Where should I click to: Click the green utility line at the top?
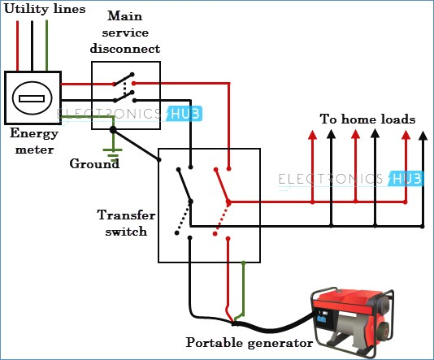(x=47, y=46)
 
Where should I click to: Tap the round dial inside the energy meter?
(x=33, y=98)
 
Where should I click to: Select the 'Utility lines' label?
(x=45, y=9)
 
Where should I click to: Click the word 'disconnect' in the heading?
(x=125, y=49)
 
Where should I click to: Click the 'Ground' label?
(x=94, y=163)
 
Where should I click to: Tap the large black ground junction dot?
(x=113, y=129)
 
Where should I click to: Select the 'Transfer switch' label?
(x=126, y=223)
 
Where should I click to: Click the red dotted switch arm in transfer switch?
(x=222, y=218)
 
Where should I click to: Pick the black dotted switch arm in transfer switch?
(x=184, y=218)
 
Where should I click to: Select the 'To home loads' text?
(x=367, y=119)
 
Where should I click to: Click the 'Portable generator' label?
(x=250, y=343)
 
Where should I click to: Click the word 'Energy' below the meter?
(x=34, y=133)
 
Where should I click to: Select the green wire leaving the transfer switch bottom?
(x=242, y=291)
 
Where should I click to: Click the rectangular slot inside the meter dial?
(x=32, y=99)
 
